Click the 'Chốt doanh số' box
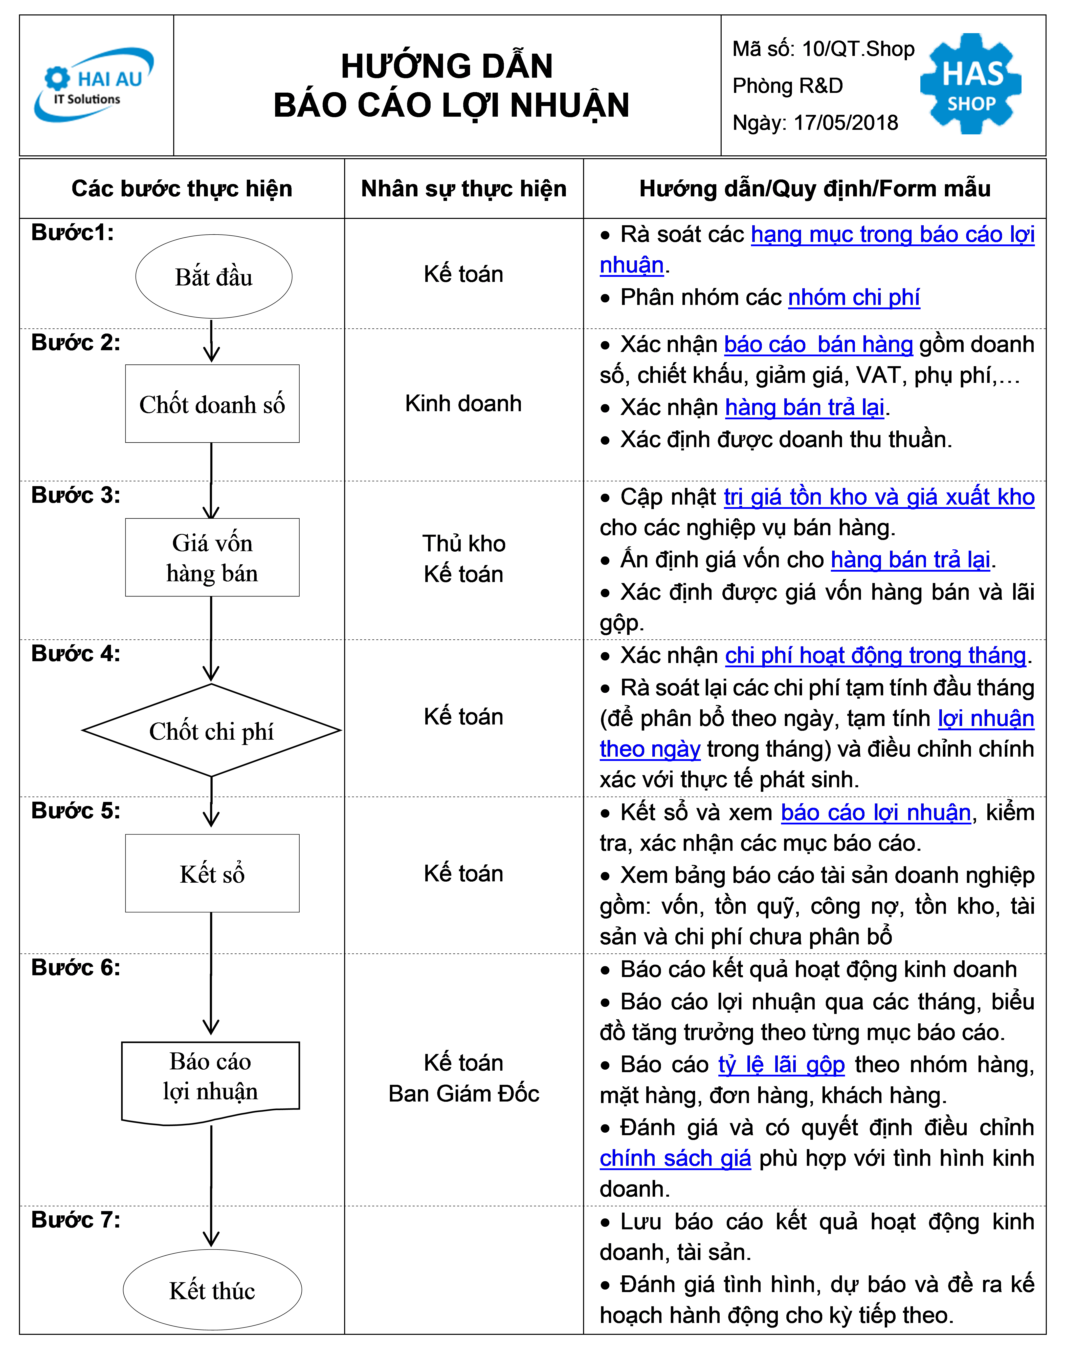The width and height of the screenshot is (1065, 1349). (x=212, y=404)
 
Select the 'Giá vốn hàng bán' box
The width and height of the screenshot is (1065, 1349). (x=212, y=557)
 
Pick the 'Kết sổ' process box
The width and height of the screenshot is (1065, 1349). (x=212, y=873)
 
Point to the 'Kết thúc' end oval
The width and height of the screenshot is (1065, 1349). (x=212, y=1290)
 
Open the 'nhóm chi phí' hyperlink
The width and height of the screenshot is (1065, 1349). (x=854, y=298)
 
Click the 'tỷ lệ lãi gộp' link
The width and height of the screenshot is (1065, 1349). (x=781, y=1065)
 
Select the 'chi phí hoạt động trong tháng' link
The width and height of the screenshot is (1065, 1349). (x=875, y=655)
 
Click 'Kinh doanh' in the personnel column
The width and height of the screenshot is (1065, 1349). (x=463, y=404)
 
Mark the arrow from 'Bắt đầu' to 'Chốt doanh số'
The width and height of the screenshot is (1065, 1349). (x=212, y=341)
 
